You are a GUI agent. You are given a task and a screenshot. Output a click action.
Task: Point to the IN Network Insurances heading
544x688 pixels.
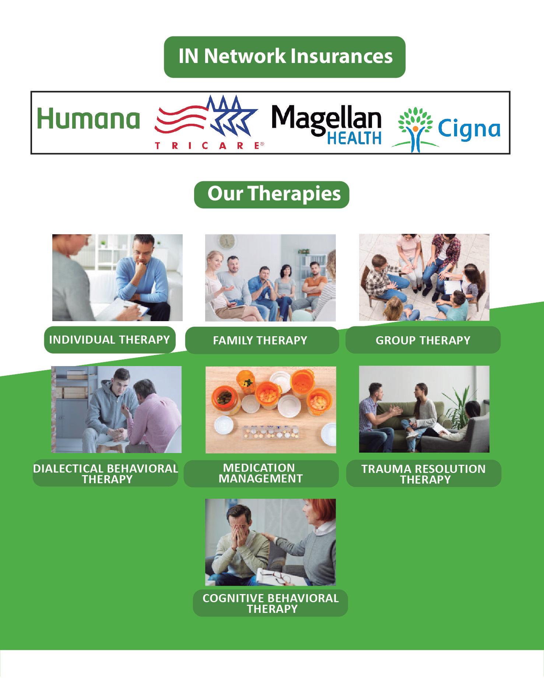[x=285, y=57]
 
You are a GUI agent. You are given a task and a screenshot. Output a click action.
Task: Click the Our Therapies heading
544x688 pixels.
[x=272, y=194]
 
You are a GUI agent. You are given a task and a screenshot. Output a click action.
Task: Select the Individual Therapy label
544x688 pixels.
[x=110, y=340]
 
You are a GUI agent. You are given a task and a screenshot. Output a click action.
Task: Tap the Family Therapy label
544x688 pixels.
[x=262, y=340]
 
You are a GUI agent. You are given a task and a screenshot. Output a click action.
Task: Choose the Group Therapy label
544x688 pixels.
[x=423, y=340]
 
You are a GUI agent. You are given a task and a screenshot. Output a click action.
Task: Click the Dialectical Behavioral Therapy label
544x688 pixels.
[x=106, y=474]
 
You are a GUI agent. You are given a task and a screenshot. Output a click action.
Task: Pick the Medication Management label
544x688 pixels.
[x=261, y=473]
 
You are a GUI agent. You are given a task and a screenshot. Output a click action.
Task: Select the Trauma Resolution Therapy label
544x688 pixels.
[x=424, y=474]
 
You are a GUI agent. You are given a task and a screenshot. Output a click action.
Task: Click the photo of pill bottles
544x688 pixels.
[x=271, y=410]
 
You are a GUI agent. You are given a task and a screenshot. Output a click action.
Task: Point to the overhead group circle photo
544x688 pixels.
[x=424, y=277]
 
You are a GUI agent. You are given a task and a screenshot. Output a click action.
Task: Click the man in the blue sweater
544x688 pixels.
[x=142, y=274]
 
